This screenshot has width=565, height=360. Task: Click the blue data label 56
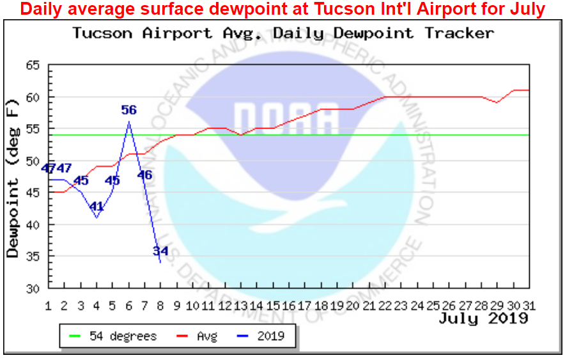(x=129, y=110)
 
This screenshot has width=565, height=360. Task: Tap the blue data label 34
(x=160, y=251)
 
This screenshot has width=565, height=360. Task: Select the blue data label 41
(x=97, y=207)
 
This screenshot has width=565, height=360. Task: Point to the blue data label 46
(x=144, y=175)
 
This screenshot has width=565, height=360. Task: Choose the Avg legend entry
(x=205, y=336)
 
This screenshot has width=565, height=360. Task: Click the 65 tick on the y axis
(x=32, y=65)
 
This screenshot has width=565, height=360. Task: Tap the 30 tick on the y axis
(x=32, y=288)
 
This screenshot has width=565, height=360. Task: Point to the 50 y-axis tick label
(x=32, y=161)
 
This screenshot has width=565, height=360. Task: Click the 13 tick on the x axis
(x=241, y=304)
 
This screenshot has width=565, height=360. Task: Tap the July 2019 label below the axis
(x=483, y=318)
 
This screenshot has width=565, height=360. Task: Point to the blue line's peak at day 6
(x=128, y=122)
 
